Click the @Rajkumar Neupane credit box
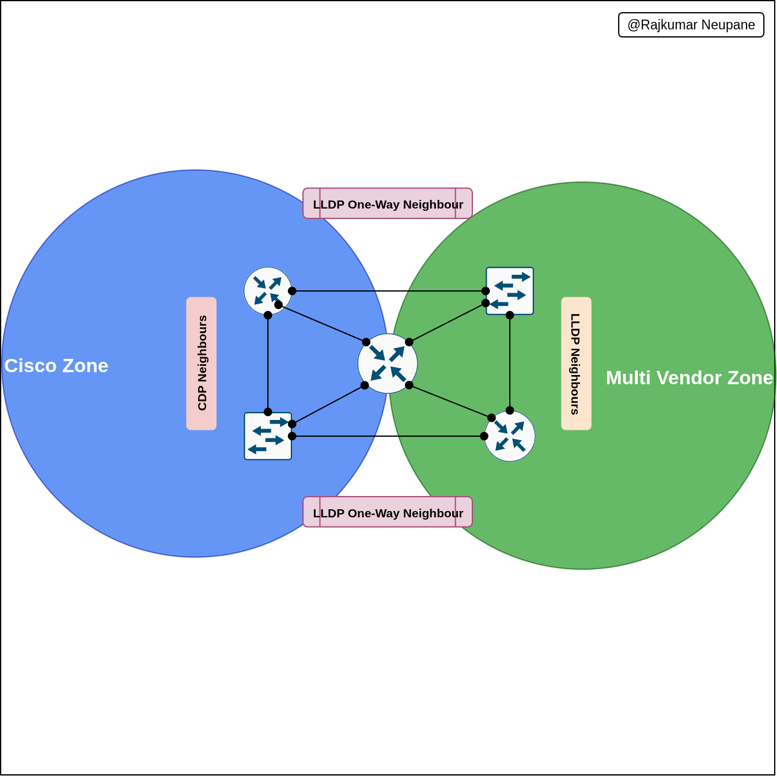pyautogui.click(x=691, y=25)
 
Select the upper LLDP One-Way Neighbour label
pyautogui.click(x=388, y=204)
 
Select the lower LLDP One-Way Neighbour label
pyautogui.click(x=388, y=512)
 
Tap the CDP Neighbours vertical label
pyautogui.click(x=202, y=364)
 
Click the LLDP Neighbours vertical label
pyautogui.click(x=576, y=364)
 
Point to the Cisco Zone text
pyautogui.click(x=56, y=366)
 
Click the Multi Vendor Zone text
pyautogui.click(x=689, y=378)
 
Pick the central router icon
pyautogui.click(x=388, y=364)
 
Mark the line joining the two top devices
pyautogui.click(x=389, y=291)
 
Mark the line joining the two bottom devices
pyautogui.click(x=388, y=436)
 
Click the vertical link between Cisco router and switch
pyautogui.click(x=268, y=364)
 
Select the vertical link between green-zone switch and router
pyautogui.click(x=510, y=363)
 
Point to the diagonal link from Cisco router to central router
pyautogui.click(x=323, y=324)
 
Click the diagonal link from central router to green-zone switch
pyautogui.click(x=448, y=323)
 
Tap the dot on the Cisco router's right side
pyautogui.click(x=292, y=291)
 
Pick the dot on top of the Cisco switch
pyautogui.click(x=268, y=412)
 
